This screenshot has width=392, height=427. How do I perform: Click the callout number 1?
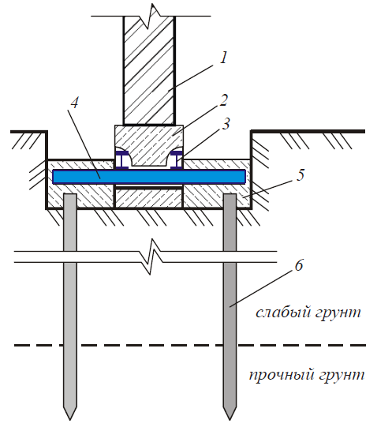tap(223, 58)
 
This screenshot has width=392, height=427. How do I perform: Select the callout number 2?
tap(223, 100)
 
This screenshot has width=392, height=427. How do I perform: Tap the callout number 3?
tap(225, 123)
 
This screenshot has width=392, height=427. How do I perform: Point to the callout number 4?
tap(74, 103)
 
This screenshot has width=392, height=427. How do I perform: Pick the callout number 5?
tap(300, 174)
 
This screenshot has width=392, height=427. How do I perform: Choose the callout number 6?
tap(299, 265)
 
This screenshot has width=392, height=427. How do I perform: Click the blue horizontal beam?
tap(149, 177)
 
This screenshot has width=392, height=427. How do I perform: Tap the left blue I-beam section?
tap(121, 160)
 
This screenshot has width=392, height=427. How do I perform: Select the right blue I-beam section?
tap(177, 160)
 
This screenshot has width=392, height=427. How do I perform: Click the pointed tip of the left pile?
tap(70, 420)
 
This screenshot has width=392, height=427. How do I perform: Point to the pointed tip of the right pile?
tap(230, 420)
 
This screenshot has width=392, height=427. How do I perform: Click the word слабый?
tap(283, 312)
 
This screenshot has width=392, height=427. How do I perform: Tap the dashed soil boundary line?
tap(190, 345)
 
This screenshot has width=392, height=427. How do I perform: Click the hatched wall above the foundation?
tap(149, 70)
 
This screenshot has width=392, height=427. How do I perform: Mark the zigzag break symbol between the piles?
tap(151, 257)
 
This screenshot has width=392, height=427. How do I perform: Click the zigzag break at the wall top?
tap(149, 17)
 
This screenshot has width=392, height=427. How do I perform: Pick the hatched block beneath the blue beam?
tap(148, 198)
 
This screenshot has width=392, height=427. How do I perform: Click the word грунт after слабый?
tap(338, 313)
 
